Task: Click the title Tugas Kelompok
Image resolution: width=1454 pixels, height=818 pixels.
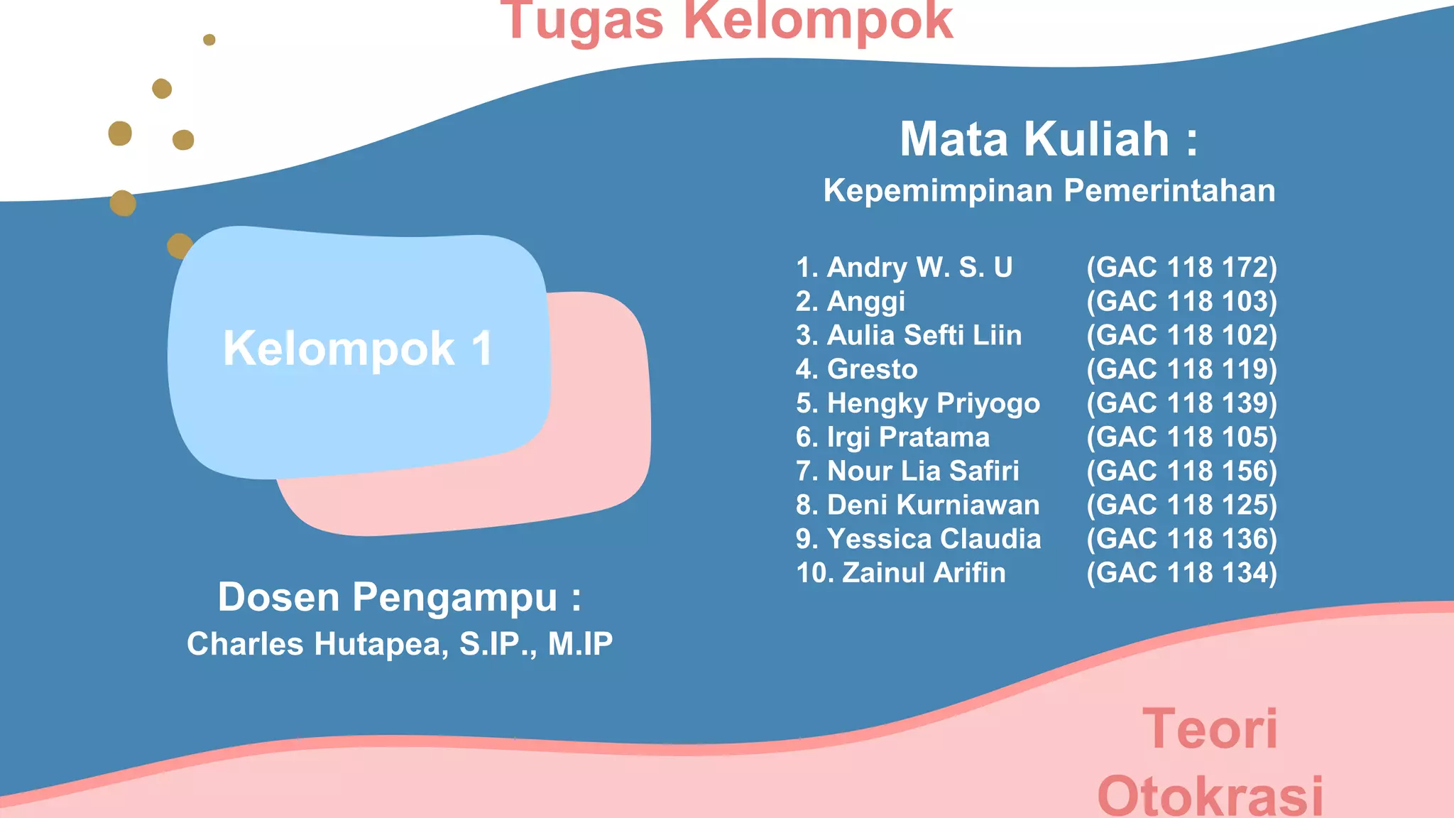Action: pyautogui.click(x=726, y=21)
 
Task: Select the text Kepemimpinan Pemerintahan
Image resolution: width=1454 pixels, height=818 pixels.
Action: pyautogui.click(x=1049, y=190)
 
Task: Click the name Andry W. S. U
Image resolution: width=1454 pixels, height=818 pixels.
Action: pyautogui.click(x=919, y=268)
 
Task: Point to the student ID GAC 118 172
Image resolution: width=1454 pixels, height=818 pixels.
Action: pyautogui.click(x=1181, y=268)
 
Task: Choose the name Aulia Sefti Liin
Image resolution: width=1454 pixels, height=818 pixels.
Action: pyautogui.click(x=924, y=335)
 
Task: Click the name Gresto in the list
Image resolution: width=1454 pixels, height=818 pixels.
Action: pyautogui.click(x=873, y=369)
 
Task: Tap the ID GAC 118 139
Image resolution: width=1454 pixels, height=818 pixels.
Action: pyautogui.click(x=1181, y=403)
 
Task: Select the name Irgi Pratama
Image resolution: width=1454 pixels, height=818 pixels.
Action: pyautogui.click(x=908, y=437)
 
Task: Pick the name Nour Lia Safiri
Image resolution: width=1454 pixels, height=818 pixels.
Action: pyautogui.click(x=923, y=471)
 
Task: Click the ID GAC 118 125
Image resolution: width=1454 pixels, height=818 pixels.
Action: pyautogui.click(x=1181, y=505)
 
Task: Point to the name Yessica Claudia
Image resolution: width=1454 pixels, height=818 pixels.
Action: pyautogui.click(x=934, y=539)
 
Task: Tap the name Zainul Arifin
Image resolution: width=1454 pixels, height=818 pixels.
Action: pyautogui.click(x=924, y=573)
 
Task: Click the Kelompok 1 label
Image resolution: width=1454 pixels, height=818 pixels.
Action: pyautogui.click(x=358, y=349)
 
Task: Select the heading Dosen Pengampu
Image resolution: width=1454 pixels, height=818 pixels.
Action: pyautogui.click(x=399, y=597)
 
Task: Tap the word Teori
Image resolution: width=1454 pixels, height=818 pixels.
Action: pyautogui.click(x=1210, y=729)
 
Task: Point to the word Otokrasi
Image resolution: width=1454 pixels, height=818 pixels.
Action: pyautogui.click(x=1210, y=795)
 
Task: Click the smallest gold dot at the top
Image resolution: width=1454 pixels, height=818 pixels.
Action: pyautogui.click(x=209, y=40)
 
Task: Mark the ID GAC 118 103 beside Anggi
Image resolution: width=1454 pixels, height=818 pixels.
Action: pyautogui.click(x=1181, y=302)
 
